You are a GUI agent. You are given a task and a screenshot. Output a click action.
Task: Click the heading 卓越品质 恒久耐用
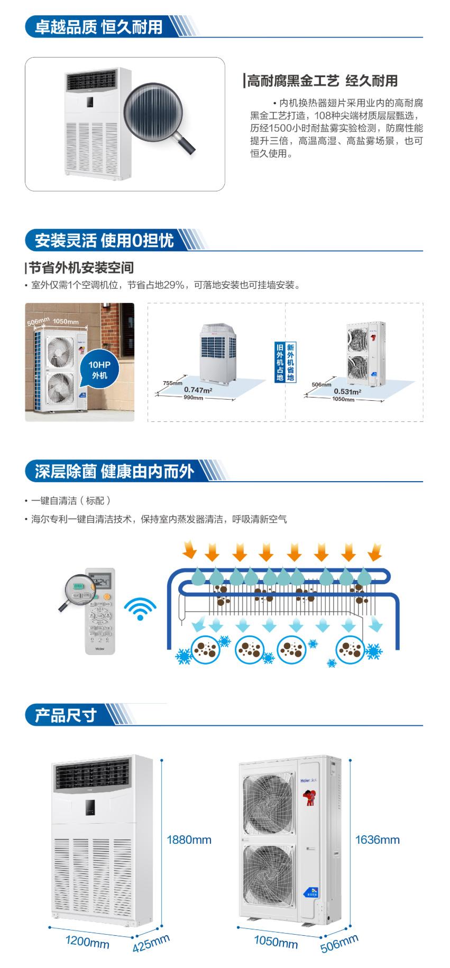pos(98,26)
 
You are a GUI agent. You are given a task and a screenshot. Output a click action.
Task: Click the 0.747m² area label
pos(198,390)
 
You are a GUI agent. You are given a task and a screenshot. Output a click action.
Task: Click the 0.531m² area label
pos(347,391)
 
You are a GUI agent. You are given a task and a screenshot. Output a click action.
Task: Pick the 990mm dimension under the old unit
pos(193,398)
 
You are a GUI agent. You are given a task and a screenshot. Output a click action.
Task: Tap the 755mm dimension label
pos(172,383)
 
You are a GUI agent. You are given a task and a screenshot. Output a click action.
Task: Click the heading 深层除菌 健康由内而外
pos(114,472)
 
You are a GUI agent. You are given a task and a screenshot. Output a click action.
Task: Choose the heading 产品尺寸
pos(66,715)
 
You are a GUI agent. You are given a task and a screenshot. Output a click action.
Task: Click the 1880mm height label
pos(189,839)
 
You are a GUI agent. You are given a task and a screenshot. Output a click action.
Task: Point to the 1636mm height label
pos(378,839)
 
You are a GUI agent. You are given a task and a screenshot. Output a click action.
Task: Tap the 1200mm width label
pos(87,942)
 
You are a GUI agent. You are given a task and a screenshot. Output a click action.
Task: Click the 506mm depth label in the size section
pos(339,943)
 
